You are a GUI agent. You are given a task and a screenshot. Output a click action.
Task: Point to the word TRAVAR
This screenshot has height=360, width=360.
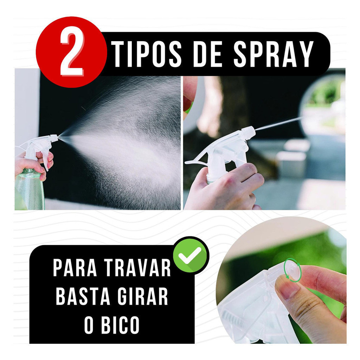138,268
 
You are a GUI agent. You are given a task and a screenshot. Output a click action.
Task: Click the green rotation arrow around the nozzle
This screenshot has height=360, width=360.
291,270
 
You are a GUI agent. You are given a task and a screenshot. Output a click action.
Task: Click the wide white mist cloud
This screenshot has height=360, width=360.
129,142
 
